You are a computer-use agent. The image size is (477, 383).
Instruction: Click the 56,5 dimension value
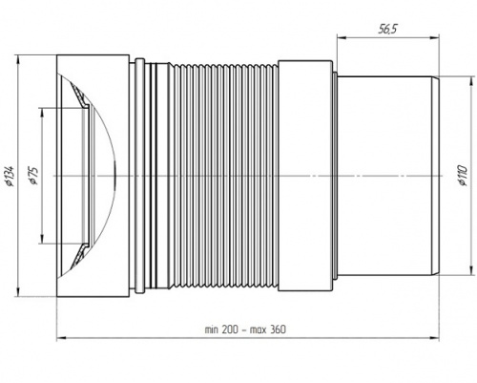[387, 30]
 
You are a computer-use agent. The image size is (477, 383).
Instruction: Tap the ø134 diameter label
[10, 176]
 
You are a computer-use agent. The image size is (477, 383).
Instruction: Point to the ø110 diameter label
[463, 176]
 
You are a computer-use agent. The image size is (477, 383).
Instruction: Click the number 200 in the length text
[230, 330]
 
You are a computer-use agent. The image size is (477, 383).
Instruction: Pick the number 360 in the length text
[278, 330]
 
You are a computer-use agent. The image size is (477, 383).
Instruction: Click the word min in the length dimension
[211, 330]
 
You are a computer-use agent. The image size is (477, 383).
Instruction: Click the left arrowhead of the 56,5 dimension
[342, 37]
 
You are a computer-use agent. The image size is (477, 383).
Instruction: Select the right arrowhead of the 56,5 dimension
[434, 37]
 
